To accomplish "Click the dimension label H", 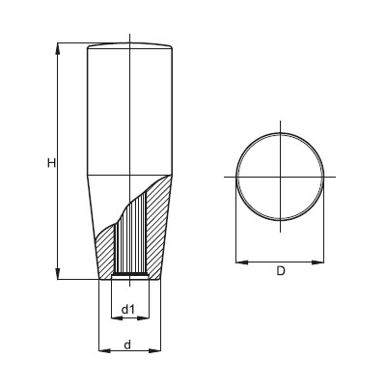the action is [51, 163].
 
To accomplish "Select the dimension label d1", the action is [127, 310].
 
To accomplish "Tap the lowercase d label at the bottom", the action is [127, 345].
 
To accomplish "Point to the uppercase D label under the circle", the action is [281, 271].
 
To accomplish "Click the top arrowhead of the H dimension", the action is [58, 48].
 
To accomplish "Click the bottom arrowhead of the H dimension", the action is [58, 273].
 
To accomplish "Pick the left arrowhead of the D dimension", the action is [242, 262].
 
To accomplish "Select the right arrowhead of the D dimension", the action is [317, 262].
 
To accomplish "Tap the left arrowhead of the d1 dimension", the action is [117, 317].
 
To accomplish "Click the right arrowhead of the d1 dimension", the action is [144, 317].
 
